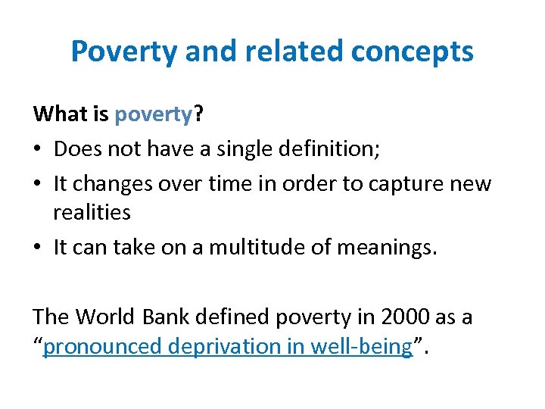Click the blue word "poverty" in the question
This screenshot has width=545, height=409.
[x=153, y=114]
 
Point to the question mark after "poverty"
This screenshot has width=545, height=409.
[x=198, y=114]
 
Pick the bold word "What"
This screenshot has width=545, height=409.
[x=59, y=114]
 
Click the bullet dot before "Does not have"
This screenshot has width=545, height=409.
[x=39, y=150]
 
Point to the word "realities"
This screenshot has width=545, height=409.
[x=92, y=214]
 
